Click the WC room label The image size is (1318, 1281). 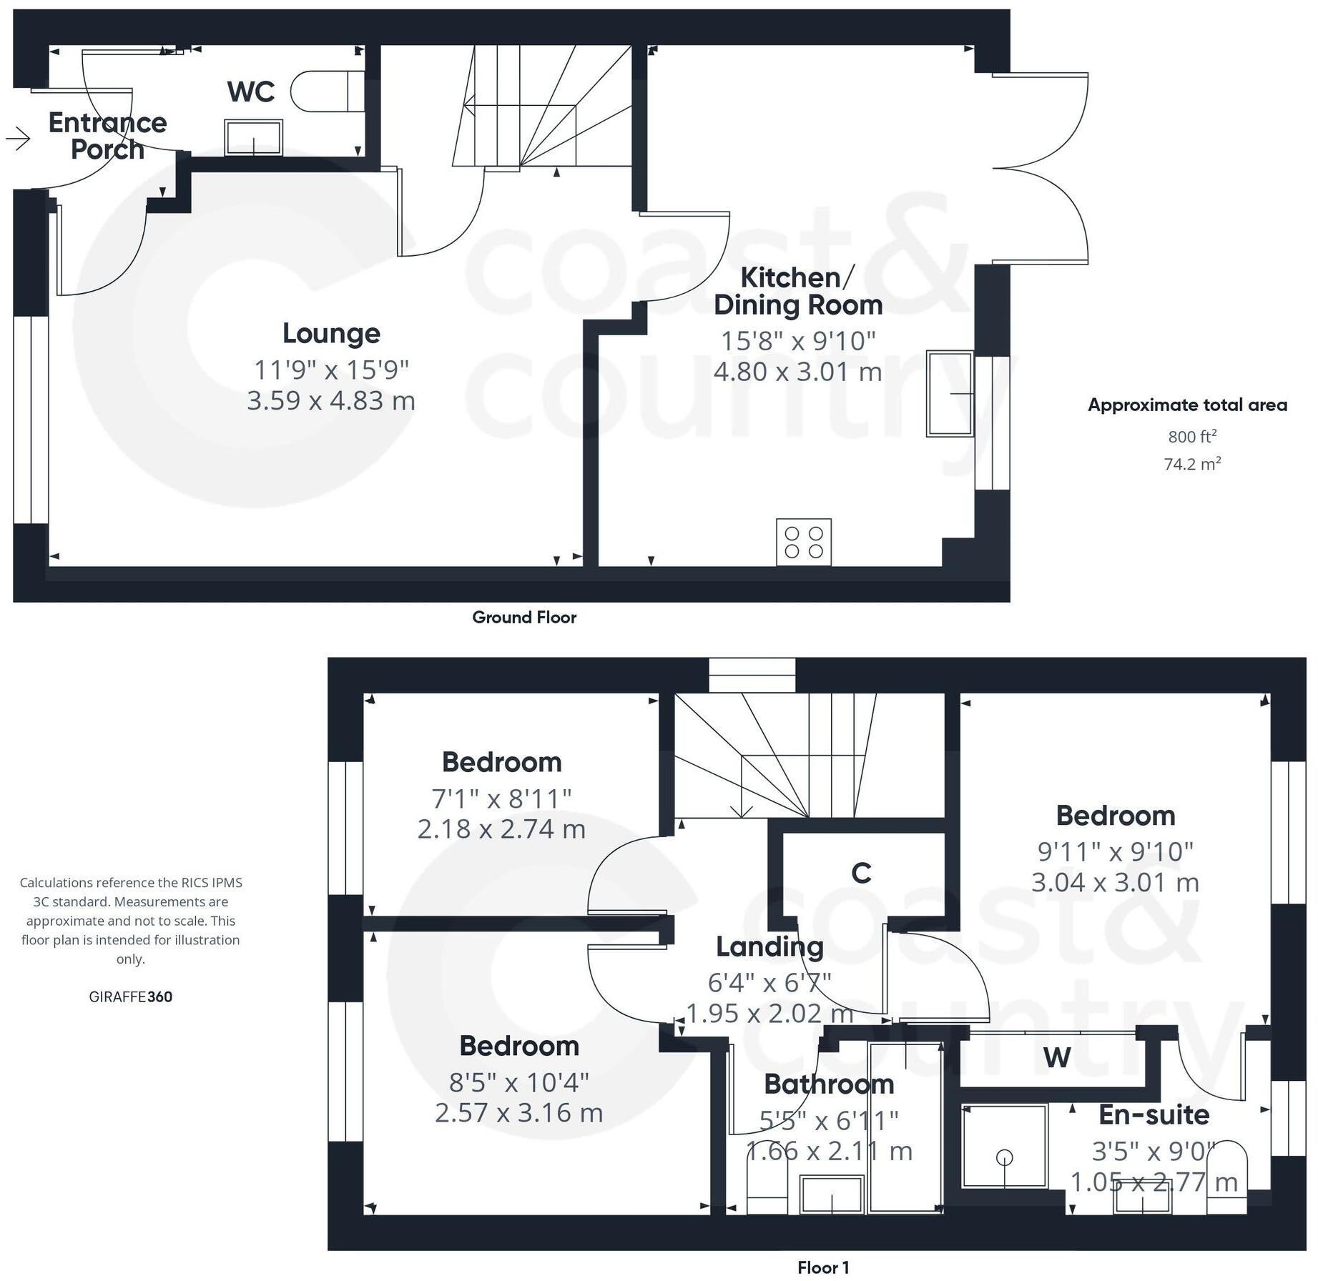(251, 91)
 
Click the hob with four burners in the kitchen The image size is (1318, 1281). (804, 542)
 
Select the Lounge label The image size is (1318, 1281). (331, 333)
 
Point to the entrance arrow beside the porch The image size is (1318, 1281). (18, 137)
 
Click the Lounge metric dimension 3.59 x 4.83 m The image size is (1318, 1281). (331, 400)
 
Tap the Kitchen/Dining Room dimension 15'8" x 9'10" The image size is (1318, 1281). (798, 341)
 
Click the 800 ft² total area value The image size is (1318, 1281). (1192, 436)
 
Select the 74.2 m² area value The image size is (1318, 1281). (1192, 464)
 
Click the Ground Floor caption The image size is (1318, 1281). (524, 618)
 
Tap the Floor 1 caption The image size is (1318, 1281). (823, 1268)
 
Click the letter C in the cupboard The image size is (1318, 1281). (862, 873)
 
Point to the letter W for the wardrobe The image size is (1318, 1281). (1057, 1057)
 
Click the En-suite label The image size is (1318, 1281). (1154, 1114)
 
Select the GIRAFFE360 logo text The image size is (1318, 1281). (131, 997)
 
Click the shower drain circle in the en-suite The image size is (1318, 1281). (1005, 1157)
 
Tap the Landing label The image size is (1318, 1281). (770, 947)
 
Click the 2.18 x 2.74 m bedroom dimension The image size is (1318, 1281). (502, 829)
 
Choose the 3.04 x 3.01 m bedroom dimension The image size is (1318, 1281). (1116, 883)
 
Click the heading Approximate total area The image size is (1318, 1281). (1188, 405)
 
